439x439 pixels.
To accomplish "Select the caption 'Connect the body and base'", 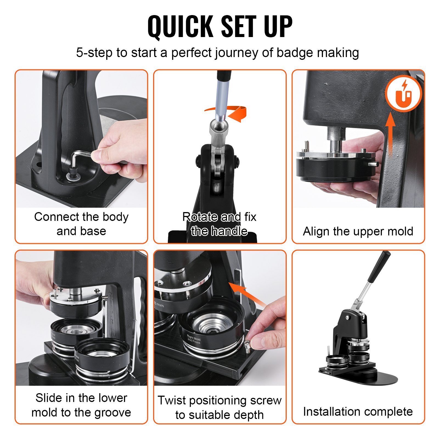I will [81, 224].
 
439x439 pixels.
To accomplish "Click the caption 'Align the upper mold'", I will [358, 231].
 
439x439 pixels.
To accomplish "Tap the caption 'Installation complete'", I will [358, 412].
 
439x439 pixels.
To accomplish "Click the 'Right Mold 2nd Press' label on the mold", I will [194, 339].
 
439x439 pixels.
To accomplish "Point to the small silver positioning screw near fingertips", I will [247, 346].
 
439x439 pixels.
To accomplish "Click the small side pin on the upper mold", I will [373, 164].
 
